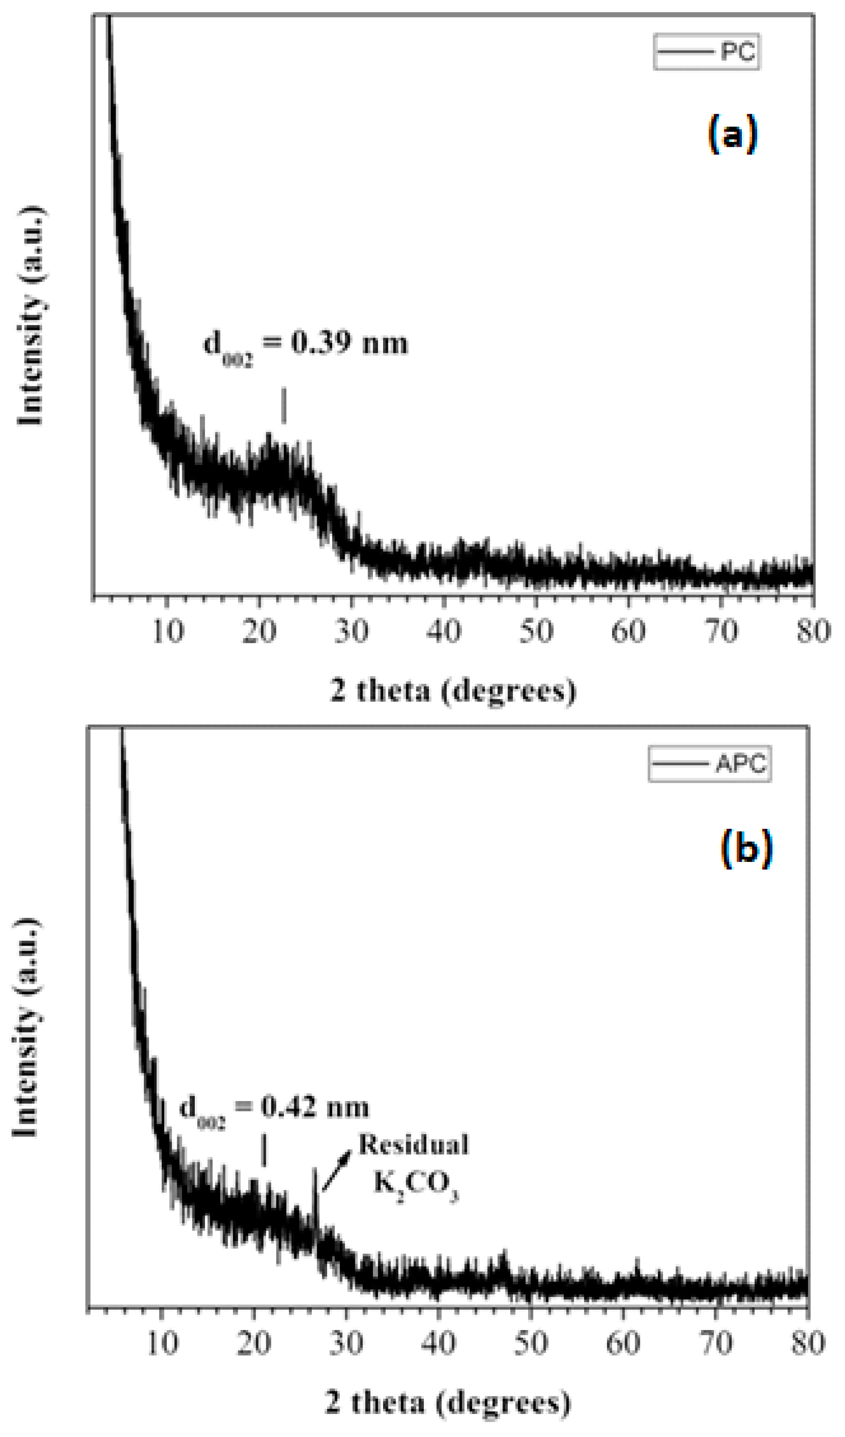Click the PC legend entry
(x=706, y=52)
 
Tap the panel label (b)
(x=746, y=849)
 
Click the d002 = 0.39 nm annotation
(x=306, y=345)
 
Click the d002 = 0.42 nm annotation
(x=274, y=1108)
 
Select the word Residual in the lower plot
(x=414, y=1144)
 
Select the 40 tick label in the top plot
(x=444, y=631)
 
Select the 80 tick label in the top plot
(x=812, y=631)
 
